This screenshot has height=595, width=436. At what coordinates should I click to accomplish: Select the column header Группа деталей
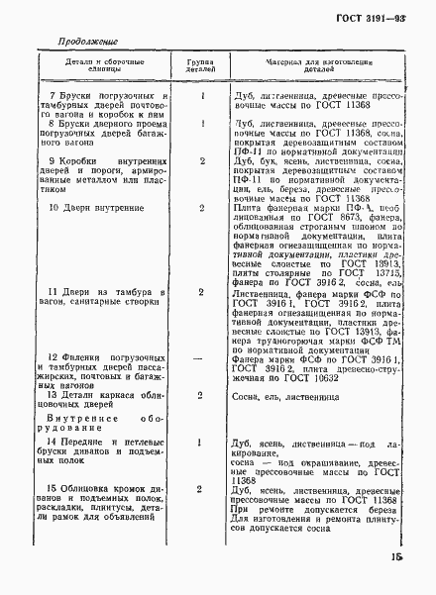(x=202, y=65)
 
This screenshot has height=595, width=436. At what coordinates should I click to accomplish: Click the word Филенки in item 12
(x=84, y=357)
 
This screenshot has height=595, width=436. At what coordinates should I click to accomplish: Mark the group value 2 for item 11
(x=202, y=293)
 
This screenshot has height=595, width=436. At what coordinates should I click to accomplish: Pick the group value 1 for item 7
(x=202, y=96)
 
